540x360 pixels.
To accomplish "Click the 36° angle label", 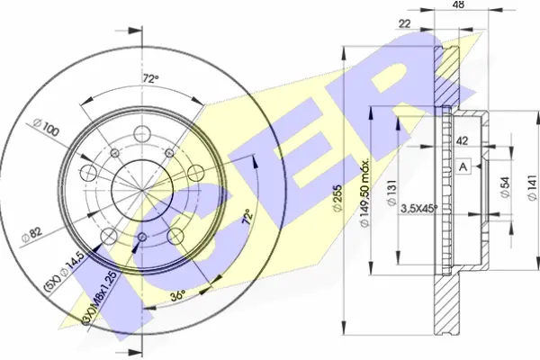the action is [178, 295].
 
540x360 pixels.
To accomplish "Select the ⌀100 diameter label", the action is [47, 128].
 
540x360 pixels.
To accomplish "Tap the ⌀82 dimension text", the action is [31, 235].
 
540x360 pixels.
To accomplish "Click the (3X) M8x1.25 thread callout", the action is [101, 298].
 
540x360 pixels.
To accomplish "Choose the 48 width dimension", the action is [459, 4].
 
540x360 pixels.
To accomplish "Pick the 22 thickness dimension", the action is [405, 23].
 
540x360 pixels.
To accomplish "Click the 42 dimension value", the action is [462, 141].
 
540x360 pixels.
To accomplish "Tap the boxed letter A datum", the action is [463, 167].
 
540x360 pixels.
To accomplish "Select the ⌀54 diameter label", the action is [505, 188].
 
